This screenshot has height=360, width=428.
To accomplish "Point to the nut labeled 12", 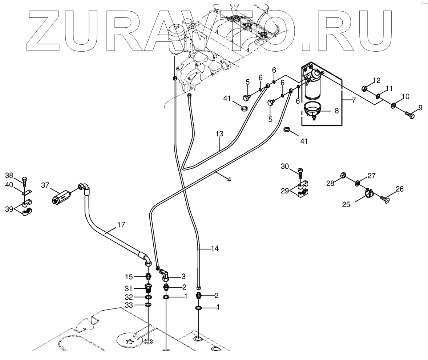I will tap(366, 88).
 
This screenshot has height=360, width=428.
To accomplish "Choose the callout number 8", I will tap(337, 111).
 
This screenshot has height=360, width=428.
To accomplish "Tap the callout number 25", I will tap(346, 204).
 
